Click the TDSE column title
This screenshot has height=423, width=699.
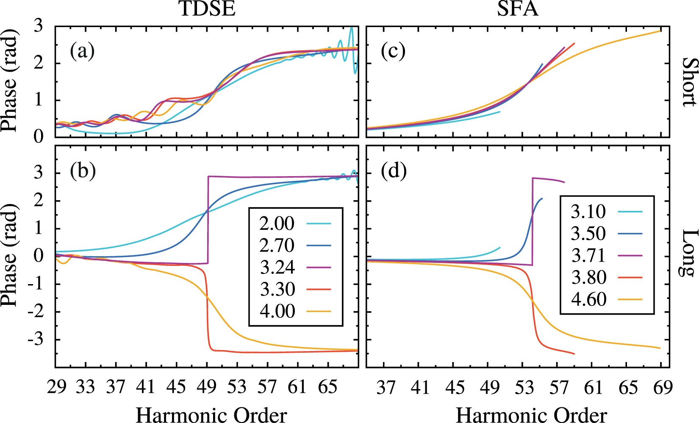[207, 9]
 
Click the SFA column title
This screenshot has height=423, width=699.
[517, 9]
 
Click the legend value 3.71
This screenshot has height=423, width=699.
[588, 256]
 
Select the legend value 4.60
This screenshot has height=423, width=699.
[588, 300]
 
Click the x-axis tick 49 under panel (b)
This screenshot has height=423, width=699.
[207, 387]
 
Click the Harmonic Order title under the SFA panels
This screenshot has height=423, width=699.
[531, 415]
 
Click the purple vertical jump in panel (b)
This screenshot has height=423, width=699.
[208, 220]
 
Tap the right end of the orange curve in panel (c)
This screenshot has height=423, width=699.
[660, 31]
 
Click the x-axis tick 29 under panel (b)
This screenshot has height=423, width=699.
[56, 387]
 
